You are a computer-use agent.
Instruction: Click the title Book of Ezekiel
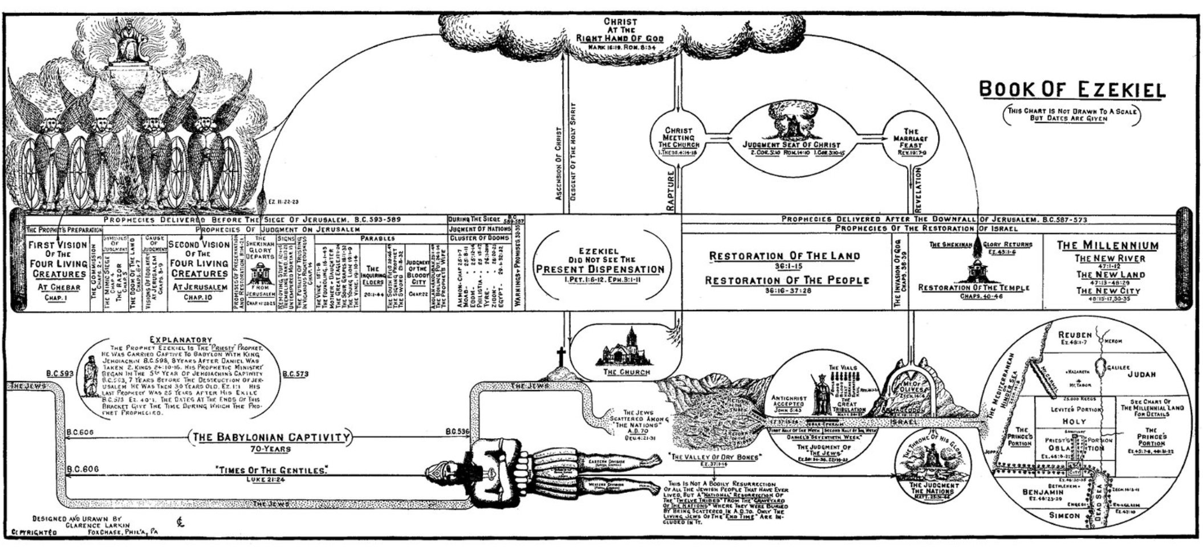tap(1072, 89)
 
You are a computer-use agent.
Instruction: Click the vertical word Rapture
tap(671, 190)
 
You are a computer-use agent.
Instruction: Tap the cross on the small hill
tap(560, 357)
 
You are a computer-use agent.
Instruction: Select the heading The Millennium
tap(1107, 246)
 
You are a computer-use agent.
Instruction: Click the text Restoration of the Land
tap(784, 256)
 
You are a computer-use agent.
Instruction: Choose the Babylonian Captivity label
tap(271, 438)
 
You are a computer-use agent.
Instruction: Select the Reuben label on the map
tap(1075, 335)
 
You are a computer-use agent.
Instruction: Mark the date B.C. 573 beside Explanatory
tap(295, 374)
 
